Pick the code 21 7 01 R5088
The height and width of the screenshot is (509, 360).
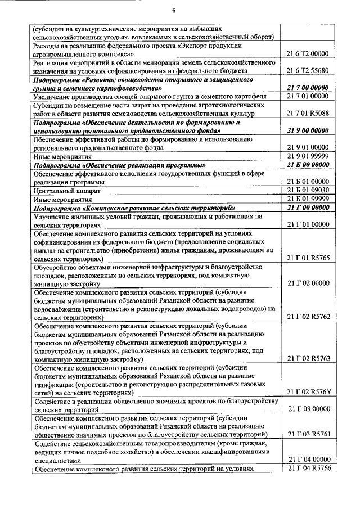[307, 114]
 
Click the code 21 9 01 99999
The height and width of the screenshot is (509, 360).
[307, 156]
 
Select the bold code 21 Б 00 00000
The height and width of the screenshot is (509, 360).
[307, 165]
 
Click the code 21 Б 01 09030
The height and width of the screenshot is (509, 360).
[307, 190]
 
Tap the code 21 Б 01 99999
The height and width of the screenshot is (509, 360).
[307, 199]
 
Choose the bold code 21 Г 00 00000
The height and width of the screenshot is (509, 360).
[307, 208]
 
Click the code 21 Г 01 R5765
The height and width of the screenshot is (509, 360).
[307, 259]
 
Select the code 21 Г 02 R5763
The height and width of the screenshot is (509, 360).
[307, 358]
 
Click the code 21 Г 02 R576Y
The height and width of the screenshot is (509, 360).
[307, 391]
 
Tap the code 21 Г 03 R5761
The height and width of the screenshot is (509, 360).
[307, 434]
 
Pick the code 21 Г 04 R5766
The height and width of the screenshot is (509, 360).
[307, 469]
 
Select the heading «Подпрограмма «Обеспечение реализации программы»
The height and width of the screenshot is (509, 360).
[118, 165]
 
